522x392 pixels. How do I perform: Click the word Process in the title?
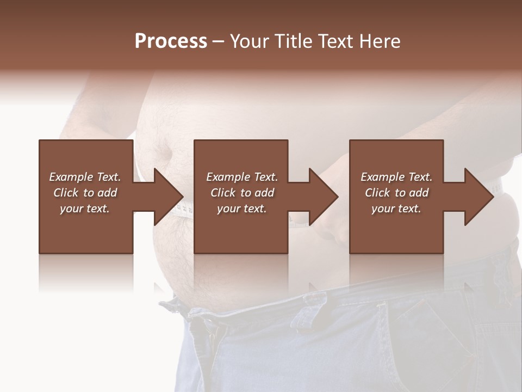171,41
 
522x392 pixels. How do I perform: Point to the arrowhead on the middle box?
323,197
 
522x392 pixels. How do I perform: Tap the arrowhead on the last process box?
478,197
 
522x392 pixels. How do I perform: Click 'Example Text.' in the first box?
85,177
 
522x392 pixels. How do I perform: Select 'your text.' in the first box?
85,209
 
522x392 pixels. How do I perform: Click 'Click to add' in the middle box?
242,193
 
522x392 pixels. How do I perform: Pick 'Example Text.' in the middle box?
242,177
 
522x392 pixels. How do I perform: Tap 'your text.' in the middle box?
242,209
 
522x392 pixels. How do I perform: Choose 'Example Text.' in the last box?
396,177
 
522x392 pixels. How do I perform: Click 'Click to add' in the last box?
396,193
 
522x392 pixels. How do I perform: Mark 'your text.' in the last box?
396,209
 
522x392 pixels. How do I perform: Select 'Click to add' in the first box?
85,193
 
